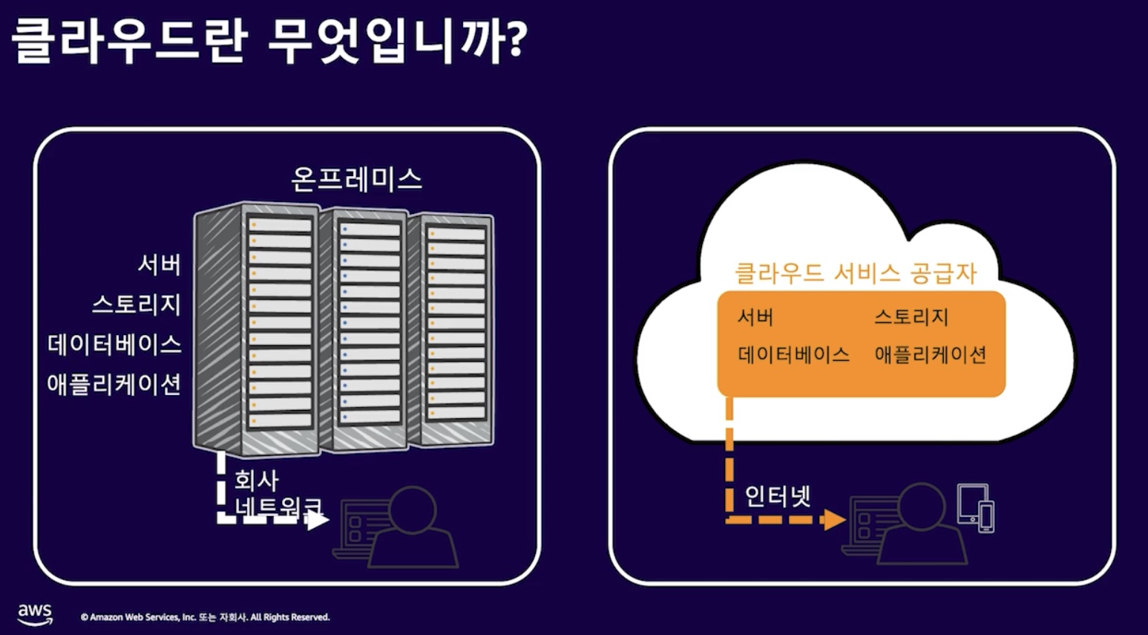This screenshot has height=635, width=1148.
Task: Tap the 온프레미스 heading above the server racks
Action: [x=356, y=179]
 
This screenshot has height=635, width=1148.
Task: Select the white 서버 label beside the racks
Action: [x=160, y=264]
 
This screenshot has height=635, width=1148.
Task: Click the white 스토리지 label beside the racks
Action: [x=137, y=305]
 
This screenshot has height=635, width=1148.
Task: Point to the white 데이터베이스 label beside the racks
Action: [x=115, y=345]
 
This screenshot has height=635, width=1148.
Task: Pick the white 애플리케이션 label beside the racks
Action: [x=114, y=385]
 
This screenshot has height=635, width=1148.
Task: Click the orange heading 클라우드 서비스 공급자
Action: [x=855, y=273]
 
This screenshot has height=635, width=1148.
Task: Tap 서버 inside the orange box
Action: [x=755, y=318]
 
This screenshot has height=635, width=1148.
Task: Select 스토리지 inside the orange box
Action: [x=911, y=318]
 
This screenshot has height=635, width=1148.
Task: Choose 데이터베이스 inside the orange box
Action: [x=793, y=355]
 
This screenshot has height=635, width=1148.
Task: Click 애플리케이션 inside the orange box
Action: [x=931, y=355]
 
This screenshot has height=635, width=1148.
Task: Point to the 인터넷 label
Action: [x=778, y=495]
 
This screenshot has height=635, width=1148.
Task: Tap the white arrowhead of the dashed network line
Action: [x=318, y=520]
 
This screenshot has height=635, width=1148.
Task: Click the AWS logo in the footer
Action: [x=35, y=614]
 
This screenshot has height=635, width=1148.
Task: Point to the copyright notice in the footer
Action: [x=206, y=617]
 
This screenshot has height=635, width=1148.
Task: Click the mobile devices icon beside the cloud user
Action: [x=976, y=508]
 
